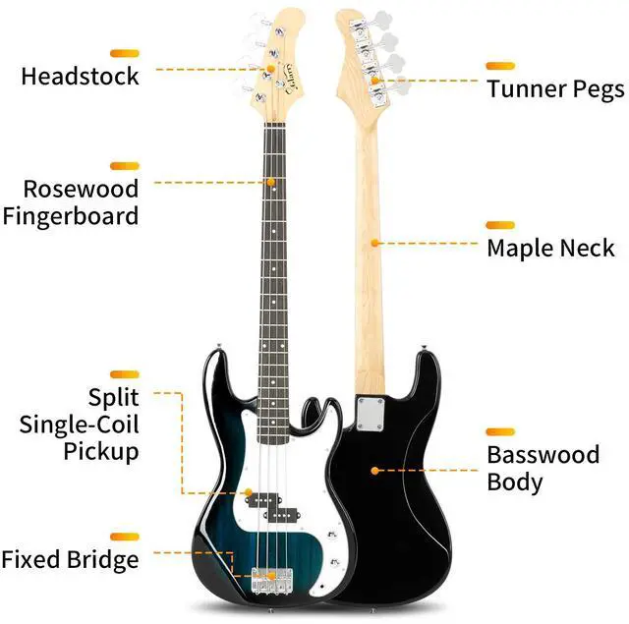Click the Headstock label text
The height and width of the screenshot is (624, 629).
click(81, 76)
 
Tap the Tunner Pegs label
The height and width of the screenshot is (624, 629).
click(555, 89)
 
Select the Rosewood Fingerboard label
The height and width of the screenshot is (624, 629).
click(81, 201)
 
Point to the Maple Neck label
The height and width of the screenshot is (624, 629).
click(550, 248)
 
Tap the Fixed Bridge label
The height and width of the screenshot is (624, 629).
click(70, 560)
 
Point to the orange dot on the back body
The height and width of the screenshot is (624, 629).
click(374, 471)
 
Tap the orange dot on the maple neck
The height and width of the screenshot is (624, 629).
click(374, 241)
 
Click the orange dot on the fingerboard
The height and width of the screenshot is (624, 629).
click(269, 181)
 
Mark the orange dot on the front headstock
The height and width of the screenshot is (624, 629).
click(269, 68)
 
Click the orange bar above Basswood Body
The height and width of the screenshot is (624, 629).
click(500, 431)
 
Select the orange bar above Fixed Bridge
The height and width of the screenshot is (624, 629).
click(125, 537)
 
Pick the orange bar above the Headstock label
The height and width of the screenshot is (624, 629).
click(125, 52)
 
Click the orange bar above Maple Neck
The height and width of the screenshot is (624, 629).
click(500, 225)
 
